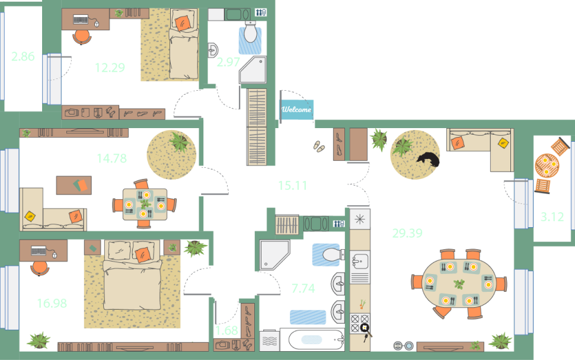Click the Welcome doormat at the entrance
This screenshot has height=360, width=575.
[296, 109]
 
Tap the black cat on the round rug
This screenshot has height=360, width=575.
[429, 160]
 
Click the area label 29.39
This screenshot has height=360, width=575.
[407, 233]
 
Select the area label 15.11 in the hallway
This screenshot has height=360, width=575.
[292, 185]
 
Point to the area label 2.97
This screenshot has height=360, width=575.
[228, 62]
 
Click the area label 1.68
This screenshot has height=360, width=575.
[226, 330]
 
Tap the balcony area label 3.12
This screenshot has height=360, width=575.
[552, 217]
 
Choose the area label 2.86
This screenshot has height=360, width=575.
[23, 56]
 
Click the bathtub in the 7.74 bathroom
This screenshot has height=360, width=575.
[316, 340]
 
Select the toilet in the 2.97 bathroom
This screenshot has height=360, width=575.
[251, 31]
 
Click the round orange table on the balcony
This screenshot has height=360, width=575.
[547, 165]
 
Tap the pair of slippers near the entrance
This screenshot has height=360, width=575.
[319, 146]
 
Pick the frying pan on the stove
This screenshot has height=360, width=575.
[366, 330]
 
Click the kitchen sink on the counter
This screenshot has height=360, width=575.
[360, 262]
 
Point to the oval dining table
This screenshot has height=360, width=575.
[459, 283]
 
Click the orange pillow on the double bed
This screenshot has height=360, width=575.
[142, 254]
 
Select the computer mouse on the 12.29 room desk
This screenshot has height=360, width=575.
[97, 24]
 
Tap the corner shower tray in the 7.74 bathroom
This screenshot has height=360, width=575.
[274, 254]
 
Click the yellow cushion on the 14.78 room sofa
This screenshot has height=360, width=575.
[30, 216]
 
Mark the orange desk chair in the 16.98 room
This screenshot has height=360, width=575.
[40, 268]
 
